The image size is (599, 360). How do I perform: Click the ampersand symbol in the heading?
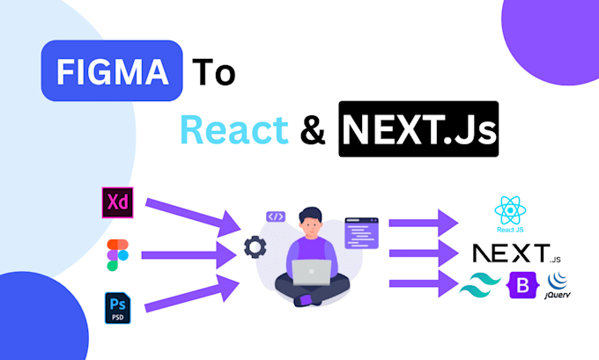(313, 132)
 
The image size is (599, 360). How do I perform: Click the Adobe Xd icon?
(115, 202)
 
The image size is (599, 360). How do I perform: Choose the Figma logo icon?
(115, 253)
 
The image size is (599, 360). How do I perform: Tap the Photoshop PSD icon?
(115, 307)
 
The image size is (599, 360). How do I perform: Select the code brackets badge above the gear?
(276, 217)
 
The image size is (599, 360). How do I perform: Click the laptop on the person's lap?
(312, 274)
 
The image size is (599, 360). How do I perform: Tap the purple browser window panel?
(361, 232)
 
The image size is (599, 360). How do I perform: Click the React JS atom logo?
(511, 212)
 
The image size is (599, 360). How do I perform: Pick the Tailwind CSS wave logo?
(478, 284)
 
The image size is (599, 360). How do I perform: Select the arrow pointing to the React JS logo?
(423, 220)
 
